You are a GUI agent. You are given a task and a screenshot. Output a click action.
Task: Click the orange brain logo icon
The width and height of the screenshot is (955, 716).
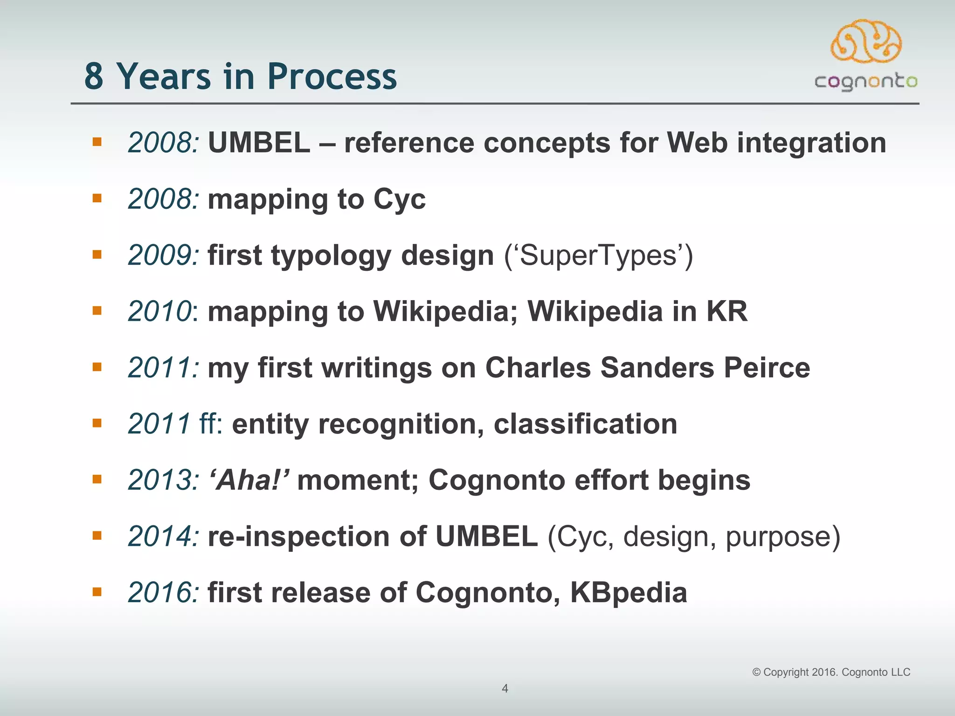(866, 41)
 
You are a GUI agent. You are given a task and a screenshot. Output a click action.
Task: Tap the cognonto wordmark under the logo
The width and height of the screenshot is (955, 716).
(866, 82)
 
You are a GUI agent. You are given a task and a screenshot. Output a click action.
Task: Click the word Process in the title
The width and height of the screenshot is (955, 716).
(332, 77)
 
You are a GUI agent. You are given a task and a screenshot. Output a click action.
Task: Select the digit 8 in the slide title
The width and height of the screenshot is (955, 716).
(94, 77)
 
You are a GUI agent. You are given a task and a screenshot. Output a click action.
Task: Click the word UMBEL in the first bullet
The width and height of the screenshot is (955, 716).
(259, 143)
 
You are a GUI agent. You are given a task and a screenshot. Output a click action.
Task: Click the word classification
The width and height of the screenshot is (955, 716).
(585, 424)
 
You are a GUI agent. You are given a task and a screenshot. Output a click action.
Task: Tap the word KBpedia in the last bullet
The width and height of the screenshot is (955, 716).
(628, 593)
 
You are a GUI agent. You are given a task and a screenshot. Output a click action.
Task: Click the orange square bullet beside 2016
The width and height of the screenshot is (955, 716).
(97, 592)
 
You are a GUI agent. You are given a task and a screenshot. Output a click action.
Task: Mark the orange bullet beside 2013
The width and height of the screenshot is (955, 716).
(97, 479)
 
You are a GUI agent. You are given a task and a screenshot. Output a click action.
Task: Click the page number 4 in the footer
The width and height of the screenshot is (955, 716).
(505, 688)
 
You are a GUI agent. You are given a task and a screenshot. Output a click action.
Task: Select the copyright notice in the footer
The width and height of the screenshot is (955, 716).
(831, 672)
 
